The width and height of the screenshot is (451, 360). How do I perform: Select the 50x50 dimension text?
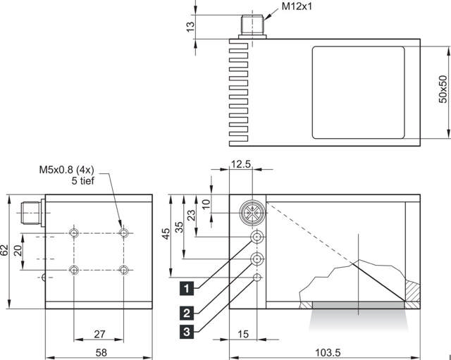[x=443, y=89]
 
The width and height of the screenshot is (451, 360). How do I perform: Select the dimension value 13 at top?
[x=189, y=27]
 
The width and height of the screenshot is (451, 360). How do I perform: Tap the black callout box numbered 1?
[x=187, y=287]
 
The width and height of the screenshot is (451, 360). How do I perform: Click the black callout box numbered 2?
[x=187, y=312]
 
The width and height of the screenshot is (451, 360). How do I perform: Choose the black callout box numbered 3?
[x=187, y=330]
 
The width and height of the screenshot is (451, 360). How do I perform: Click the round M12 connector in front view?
[x=251, y=211]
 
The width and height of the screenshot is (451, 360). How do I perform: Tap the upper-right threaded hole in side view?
[x=124, y=232]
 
